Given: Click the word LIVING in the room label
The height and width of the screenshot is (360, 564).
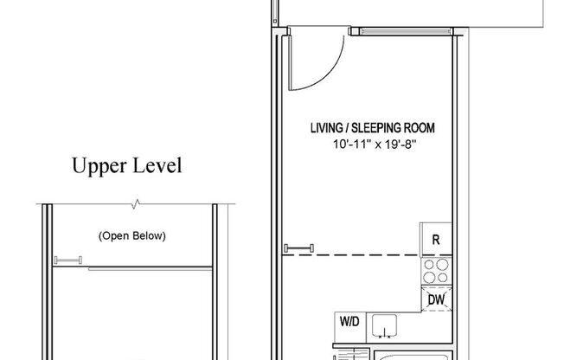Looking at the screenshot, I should pyautogui.click(x=328, y=128).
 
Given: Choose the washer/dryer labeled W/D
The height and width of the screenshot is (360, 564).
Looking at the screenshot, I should pyautogui.click(x=349, y=322).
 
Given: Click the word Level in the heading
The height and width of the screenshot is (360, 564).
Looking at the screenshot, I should pyautogui.click(x=156, y=167).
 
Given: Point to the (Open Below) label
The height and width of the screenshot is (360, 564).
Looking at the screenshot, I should pyautogui.click(x=131, y=235).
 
